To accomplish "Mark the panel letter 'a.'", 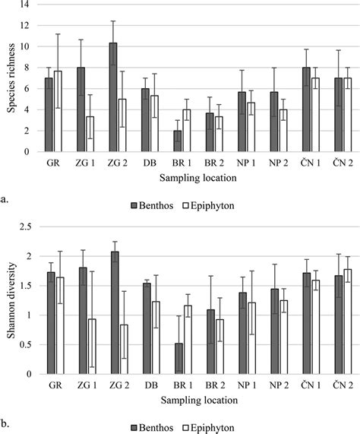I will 6,201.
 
